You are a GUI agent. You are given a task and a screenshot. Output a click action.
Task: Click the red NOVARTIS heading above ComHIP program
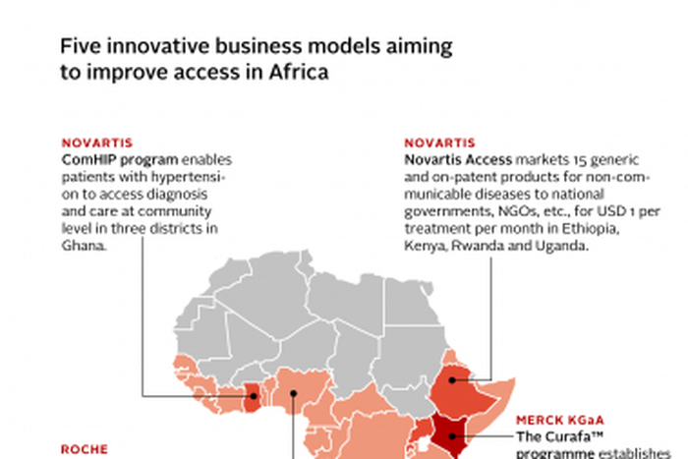coord(96,143)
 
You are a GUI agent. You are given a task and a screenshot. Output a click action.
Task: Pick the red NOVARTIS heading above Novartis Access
coord(439,143)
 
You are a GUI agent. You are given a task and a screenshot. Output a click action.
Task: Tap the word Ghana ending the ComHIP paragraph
coord(82,247)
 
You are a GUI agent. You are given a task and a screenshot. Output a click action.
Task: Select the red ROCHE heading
coord(84,448)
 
